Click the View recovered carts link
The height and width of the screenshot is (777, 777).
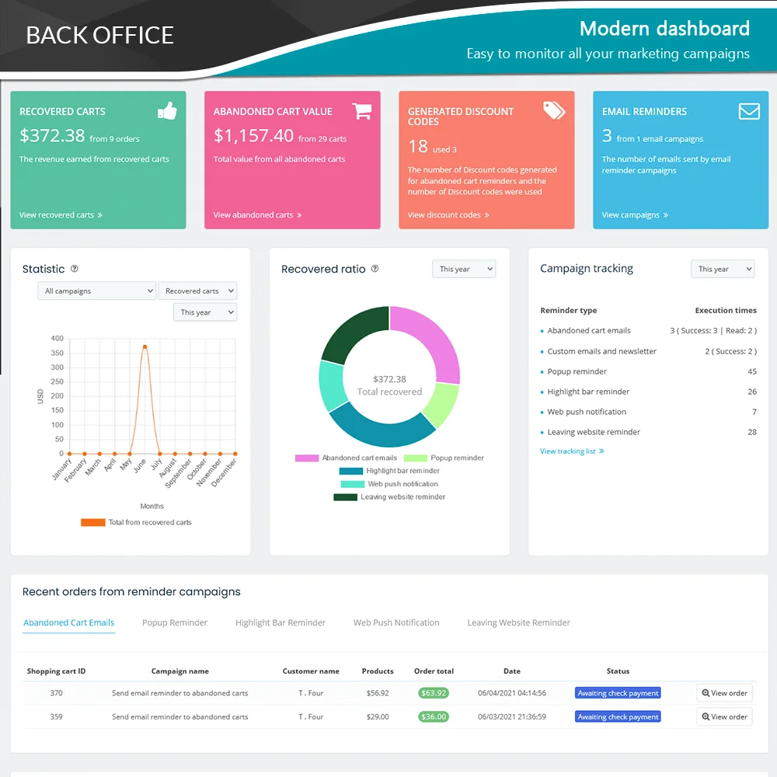coord(61,215)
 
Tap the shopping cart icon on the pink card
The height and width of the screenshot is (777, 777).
coord(361,111)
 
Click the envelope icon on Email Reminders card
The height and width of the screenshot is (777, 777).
coord(749,111)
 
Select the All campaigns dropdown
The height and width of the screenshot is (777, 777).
coord(96,291)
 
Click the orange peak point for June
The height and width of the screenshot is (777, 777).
coord(145,347)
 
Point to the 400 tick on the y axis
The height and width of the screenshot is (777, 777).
coord(57,339)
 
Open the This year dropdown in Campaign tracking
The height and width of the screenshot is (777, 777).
coord(723,270)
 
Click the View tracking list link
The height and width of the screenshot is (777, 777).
coord(572,451)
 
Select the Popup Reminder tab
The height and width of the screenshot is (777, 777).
coord(175,623)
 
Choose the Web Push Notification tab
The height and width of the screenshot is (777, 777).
coord(396,623)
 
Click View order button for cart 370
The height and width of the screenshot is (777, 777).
coord(724,693)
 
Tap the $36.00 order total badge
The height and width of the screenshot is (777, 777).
coord(433,717)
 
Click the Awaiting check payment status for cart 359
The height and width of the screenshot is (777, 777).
coord(618,717)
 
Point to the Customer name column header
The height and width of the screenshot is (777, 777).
coord(311,671)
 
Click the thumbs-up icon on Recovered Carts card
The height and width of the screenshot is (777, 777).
coord(167,111)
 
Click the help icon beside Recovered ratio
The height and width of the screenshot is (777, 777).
coord(375,269)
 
